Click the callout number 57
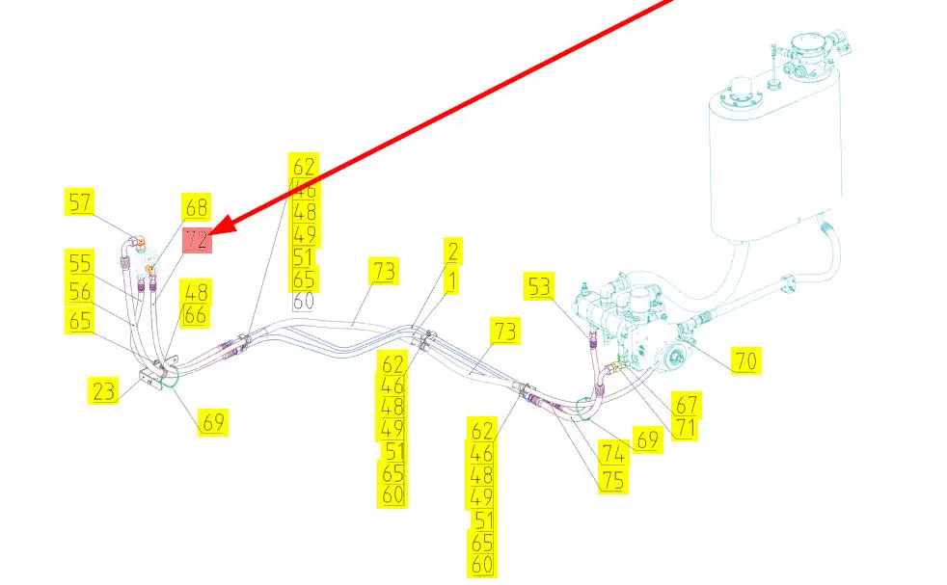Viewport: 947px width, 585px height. coord(81,202)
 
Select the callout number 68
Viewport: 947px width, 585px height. coord(197,207)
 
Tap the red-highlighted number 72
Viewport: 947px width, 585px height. coord(197,239)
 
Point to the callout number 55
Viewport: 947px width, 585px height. coord(81,262)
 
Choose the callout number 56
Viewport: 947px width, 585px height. coord(81,290)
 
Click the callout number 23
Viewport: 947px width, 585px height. coord(104,391)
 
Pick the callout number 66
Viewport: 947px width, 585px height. coord(196,315)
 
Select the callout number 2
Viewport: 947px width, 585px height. coord(452,252)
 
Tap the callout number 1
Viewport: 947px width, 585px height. coord(452,282)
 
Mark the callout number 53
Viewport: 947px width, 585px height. coord(540,286)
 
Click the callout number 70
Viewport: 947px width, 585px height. coord(745,361)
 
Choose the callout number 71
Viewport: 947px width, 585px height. coord(685,428)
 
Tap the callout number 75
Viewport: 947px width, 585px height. coord(612,479)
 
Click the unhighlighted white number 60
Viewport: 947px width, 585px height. coord(304,301)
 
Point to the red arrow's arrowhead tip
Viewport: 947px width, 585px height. coord(206,234)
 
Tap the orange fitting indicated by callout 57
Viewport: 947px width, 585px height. coord(140,241)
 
